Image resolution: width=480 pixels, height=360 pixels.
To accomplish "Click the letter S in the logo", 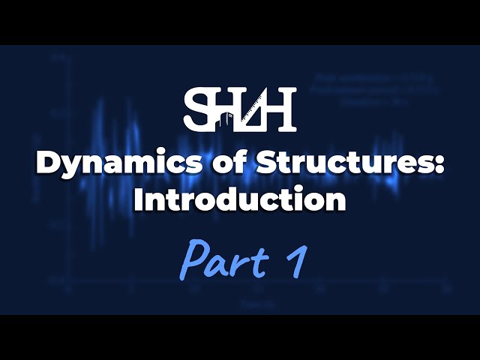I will pyautogui.click(x=196, y=109).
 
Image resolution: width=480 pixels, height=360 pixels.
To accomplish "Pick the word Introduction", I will pyautogui.click(x=240, y=199).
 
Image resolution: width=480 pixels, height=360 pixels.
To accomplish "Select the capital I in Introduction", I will pyautogui.click(x=138, y=199).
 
